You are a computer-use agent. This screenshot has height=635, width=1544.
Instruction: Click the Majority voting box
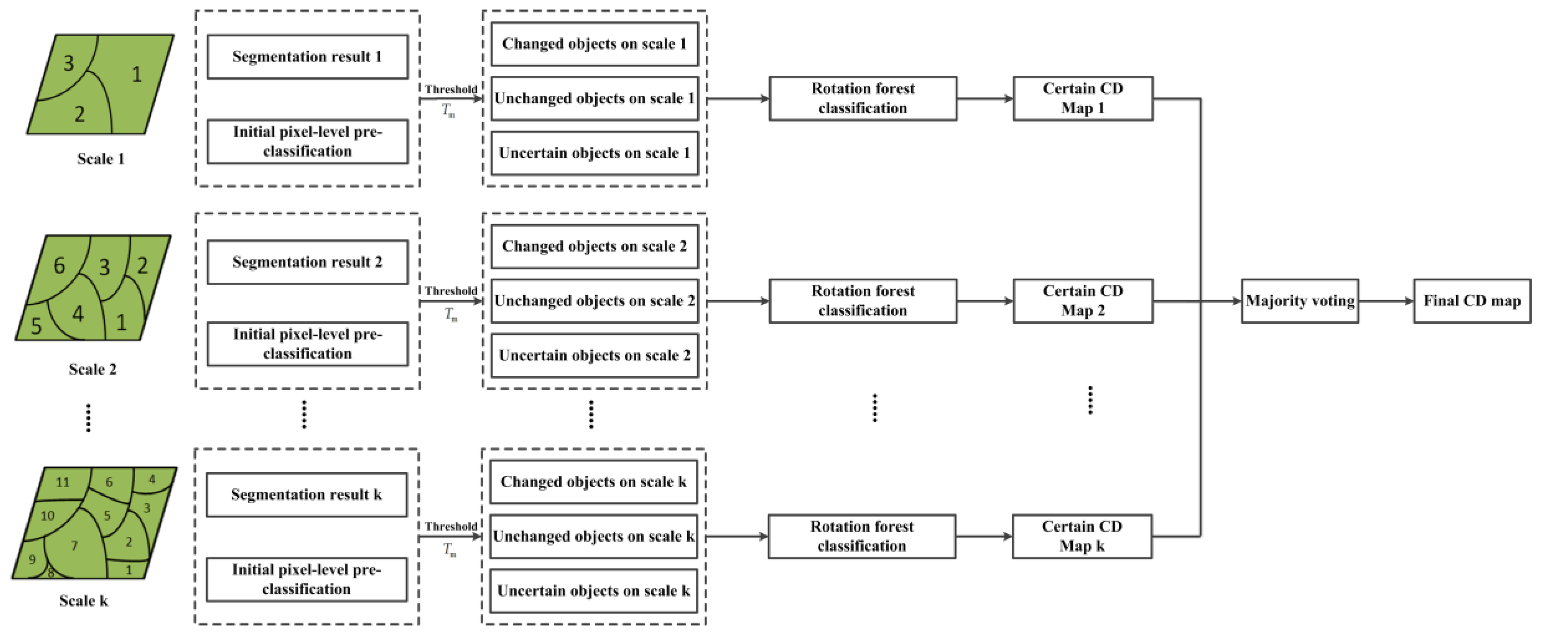(1299, 301)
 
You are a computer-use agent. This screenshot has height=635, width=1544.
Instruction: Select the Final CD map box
(1471, 301)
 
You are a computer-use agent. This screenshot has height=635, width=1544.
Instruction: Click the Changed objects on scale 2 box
(594, 247)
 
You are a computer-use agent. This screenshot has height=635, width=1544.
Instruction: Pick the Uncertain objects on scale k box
(594, 591)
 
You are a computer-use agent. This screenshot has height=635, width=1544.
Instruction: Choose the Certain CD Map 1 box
(1083, 98)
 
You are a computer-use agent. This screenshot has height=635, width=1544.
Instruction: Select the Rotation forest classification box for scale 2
(863, 301)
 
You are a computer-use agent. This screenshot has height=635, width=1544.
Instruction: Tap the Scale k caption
(84, 601)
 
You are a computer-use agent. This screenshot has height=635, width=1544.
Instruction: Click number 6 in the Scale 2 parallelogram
(59, 266)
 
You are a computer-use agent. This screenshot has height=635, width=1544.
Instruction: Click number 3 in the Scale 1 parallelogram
(68, 63)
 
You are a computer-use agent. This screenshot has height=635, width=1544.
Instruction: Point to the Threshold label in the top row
(451, 90)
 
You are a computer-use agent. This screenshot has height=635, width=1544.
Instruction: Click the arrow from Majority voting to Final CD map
(1386, 301)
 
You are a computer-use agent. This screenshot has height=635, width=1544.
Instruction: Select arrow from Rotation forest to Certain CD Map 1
(985, 98)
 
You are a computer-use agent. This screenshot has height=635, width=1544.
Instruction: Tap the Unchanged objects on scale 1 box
(594, 98)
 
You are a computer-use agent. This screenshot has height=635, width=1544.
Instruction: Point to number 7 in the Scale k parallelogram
(74, 545)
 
